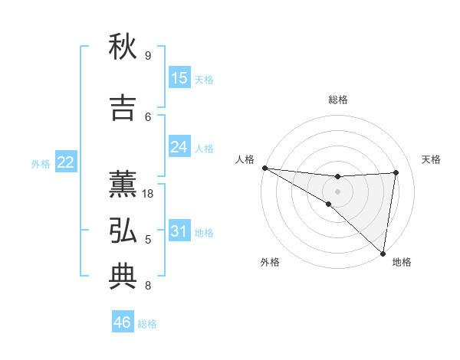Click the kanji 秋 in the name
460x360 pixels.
tap(123, 47)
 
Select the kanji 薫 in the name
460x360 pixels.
tap(123, 184)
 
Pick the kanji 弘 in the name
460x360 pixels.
tap(123, 231)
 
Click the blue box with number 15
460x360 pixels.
tap(179, 78)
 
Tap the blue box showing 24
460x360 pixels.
tap(179, 146)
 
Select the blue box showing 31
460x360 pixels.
tap(179, 231)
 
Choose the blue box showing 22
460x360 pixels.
tap(66, 162)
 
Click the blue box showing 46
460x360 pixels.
tap(123, 322)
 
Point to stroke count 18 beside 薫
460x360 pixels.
tap(149, 194)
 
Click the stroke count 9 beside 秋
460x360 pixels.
tap(148, 56)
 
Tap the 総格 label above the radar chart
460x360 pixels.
tap(338, 100)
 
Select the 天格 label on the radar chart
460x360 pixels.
tap(431, 159)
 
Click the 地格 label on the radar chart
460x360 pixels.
tap(402, 262)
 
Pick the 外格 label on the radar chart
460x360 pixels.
tap(270, 262)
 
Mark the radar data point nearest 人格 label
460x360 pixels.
tap(264, 167)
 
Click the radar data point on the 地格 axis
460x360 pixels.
tap(383, 253)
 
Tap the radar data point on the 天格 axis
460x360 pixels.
tap(396, 172)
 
